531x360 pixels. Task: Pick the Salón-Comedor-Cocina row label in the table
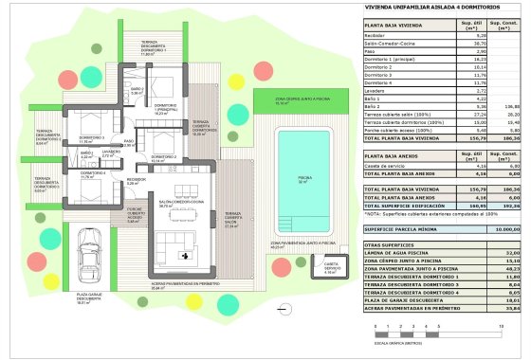tap(396, 44)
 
